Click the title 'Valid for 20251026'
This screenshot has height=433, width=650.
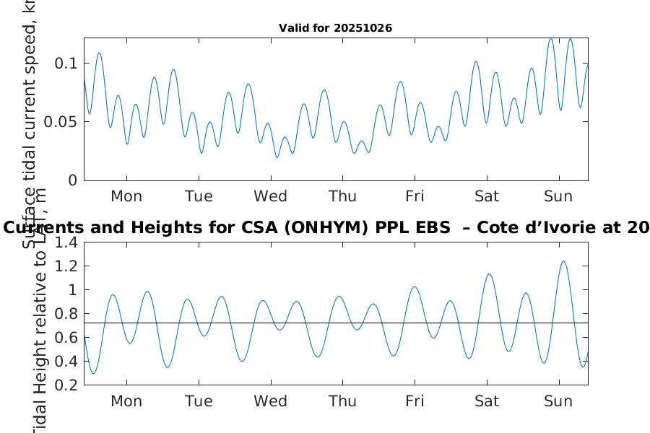pos(335,28)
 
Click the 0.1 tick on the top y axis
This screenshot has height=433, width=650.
pos(67,64)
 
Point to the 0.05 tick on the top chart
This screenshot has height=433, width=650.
pos(61,121)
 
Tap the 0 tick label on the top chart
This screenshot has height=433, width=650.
pos(72,180)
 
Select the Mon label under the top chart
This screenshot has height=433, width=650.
pos(126,196)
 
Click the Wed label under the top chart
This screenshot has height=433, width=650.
pos(270,196)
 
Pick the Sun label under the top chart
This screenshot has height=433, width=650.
pos(558,196)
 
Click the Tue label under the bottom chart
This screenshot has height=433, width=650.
pos(199,401)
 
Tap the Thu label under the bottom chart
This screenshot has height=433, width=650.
pos(342,401)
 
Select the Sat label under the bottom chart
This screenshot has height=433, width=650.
pos(487,401)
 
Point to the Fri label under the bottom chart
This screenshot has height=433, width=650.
pos(415,401)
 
